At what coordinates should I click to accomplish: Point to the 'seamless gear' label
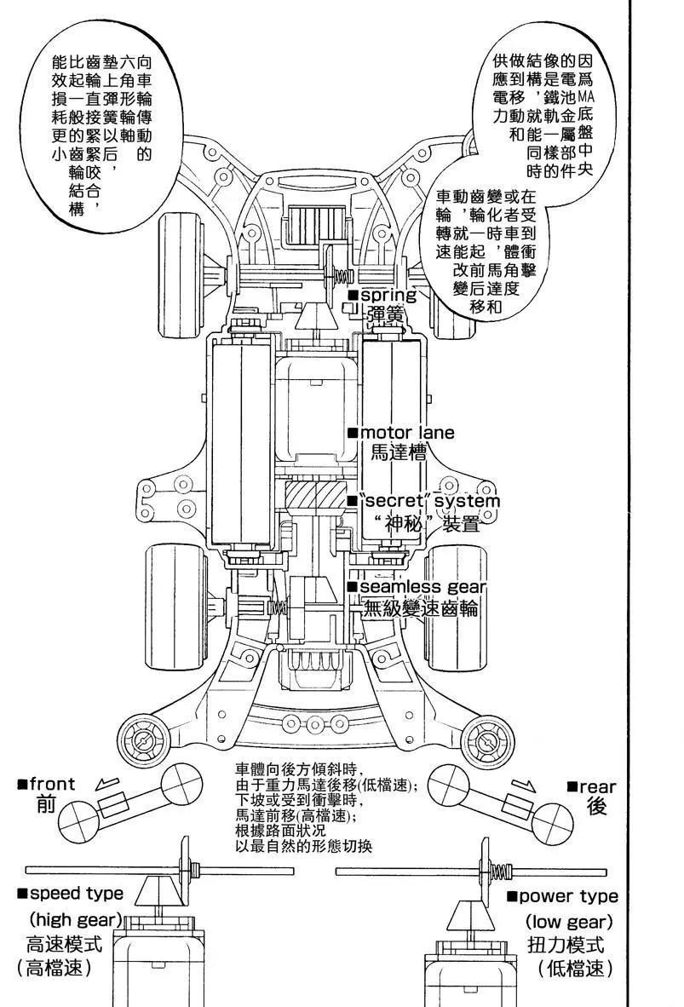[x=422, y=587]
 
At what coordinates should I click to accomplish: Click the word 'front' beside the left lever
[x=52, y=784]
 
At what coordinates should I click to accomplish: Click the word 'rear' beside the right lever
[x=597, y=787]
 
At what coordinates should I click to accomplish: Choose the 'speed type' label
[x=75, y=894]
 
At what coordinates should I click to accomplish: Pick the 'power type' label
[x=567, y=896]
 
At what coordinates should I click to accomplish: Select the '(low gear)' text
[x=569, y=922]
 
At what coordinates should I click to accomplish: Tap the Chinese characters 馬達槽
[x=397, y=452]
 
